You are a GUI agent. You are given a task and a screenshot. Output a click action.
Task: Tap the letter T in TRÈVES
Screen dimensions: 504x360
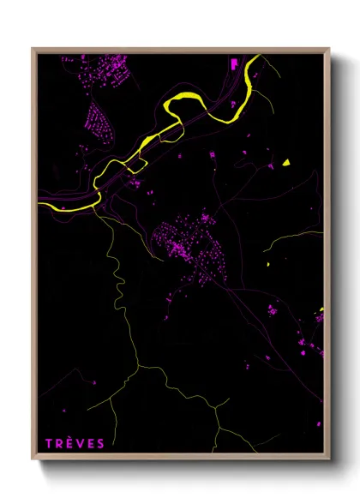(49, 443)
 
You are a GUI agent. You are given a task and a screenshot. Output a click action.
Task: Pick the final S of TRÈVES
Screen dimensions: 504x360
(101, 443)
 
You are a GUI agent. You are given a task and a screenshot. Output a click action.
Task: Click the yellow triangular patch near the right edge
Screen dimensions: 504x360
(287, 162)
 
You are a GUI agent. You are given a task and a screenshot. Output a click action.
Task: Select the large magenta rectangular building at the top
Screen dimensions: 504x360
(233, 63)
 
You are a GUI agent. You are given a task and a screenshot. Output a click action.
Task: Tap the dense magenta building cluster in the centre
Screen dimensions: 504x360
(184, 244)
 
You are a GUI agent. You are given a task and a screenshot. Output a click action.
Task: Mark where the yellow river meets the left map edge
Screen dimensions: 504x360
(40, 204)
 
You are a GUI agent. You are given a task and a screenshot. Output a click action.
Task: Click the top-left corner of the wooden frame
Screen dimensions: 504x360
(33, 49)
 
